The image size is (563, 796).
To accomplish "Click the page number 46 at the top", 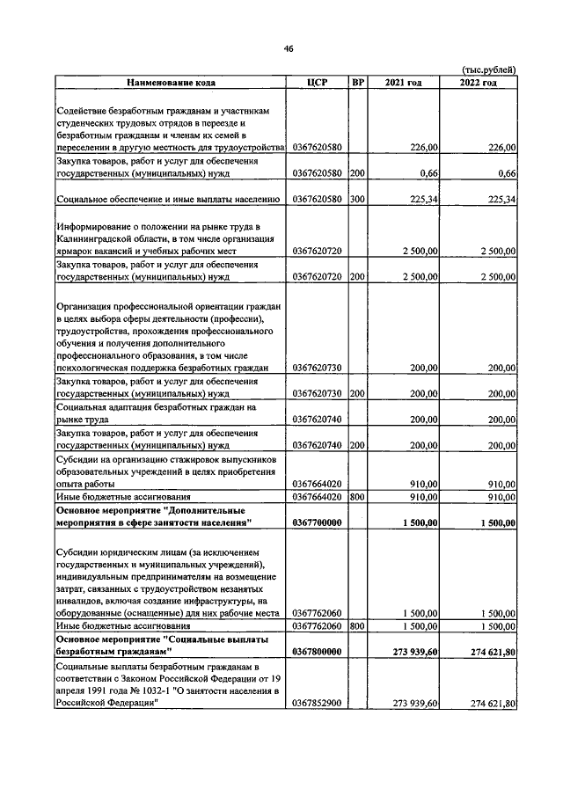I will click(287, 48).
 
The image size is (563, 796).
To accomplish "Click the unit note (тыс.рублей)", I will click(488, 70).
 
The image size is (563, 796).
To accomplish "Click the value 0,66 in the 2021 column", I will click(429, 174).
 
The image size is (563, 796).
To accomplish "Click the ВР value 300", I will click(357, 200).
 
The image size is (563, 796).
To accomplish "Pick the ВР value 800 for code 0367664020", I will click(357, 497).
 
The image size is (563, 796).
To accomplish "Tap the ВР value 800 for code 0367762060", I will click(357, 625).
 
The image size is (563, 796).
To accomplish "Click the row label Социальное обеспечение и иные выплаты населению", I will click(168, 200).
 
